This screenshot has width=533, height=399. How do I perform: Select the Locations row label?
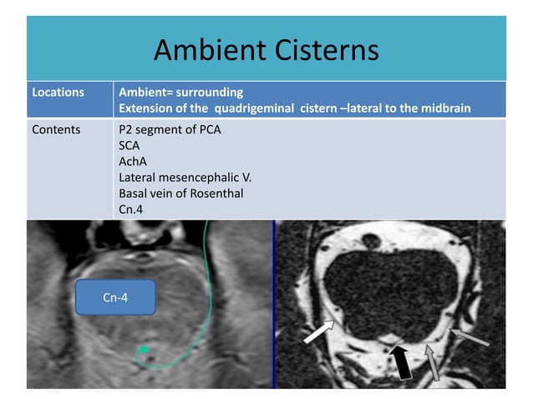coord(58,92)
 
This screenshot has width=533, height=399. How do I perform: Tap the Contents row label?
coord(56,130)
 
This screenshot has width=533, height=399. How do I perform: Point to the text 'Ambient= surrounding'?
coord(181,92)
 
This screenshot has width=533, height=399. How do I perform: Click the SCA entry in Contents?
coord(129,146)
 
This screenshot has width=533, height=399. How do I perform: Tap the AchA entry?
coord(133,162)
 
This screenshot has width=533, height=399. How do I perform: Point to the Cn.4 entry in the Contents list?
coord(132,210)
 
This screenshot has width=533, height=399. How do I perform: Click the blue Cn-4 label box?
coord(115,297)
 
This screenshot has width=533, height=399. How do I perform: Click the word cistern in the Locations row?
coord(322,108)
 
